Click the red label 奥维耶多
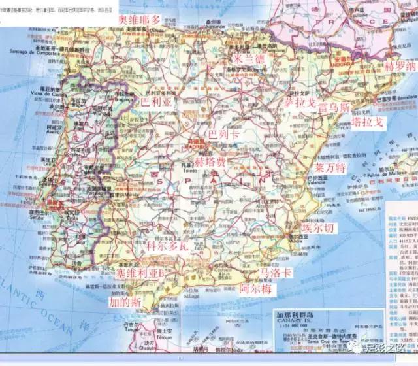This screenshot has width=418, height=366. pos(138,19)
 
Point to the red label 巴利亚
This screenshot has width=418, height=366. pos(156,103)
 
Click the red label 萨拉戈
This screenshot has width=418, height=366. pos(300,103)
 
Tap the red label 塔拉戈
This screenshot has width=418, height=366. pos(368,122)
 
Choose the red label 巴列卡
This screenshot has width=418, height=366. pos(224,134)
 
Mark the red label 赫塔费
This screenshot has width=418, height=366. pos(210,159)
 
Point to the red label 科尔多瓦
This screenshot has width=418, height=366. pos(167,246)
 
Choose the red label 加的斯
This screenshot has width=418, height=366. pos(125,302)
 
